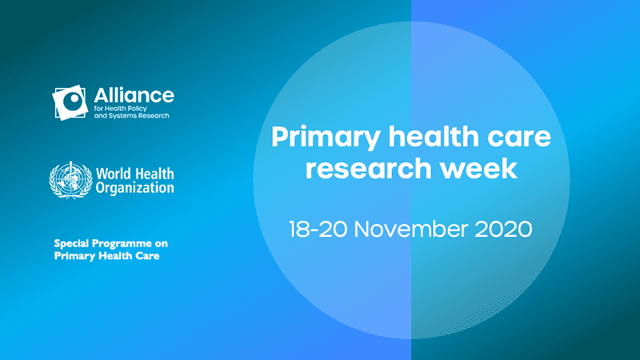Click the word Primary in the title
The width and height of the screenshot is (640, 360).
tap(326, 138)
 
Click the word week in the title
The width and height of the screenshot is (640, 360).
tap(478, 169)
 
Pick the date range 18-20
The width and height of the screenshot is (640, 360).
tap(318, 229)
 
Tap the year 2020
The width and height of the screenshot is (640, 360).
tap(503, 229)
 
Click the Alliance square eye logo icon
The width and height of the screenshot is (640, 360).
tap(70, 102)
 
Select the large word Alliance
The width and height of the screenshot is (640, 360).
tap(134, 95)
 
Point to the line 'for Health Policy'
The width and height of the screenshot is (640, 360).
tap(121, 109)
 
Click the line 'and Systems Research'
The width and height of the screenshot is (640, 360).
tap(131, 116)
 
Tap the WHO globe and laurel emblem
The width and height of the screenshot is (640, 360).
tap(70, 180)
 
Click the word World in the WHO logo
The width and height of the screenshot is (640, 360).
tap(114, 174)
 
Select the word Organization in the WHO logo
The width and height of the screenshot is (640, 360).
tap(134, 188)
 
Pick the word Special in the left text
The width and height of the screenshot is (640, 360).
tap(71, 244)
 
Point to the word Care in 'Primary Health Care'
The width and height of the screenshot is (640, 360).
tap(148, 256)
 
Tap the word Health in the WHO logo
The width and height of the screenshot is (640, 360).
tap(154, 174)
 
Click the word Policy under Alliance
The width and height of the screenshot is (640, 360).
tap(137, 109)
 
